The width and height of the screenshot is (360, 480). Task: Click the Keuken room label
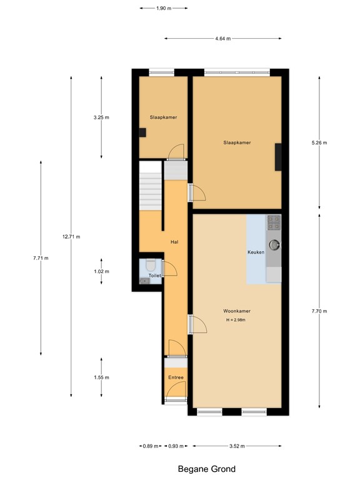(x=256, y=252)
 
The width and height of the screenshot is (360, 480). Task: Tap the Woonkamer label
(x=236, y=311)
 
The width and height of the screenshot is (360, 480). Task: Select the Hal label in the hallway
(x=176, y=242)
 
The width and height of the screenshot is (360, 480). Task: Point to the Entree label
(x=176, y=378)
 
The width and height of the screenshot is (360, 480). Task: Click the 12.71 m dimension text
(x=71, y=237)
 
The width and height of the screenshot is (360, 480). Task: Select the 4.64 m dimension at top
(x=222, y=39)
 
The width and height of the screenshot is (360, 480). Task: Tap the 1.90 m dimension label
(x=163, y=9)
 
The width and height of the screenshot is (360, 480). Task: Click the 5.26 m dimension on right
(x=319, y=142)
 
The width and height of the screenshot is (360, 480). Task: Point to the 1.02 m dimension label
(x=101, y=272)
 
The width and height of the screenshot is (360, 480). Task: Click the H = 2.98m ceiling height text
(x=236, y=321)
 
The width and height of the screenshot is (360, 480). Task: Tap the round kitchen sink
(x=274, y=244)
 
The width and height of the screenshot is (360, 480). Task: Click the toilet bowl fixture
(x=151, y=266)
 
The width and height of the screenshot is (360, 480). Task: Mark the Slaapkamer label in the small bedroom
(x=163, y=117)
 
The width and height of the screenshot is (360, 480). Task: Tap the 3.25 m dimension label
(x=101, y=117)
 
